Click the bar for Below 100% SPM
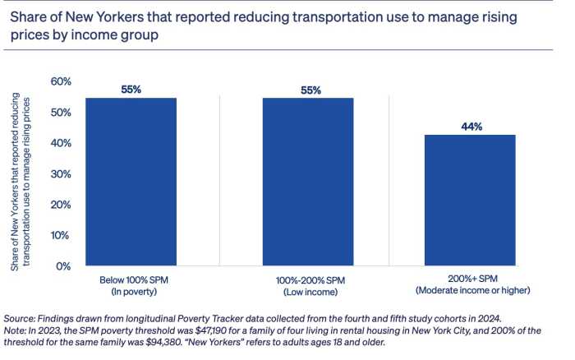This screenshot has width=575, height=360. tap(131, 182)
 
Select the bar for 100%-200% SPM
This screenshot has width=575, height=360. tap(307, 182)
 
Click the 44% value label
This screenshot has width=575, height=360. tap(471, 127)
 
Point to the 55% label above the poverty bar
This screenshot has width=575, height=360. tap(131, 90)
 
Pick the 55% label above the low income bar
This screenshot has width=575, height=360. tap(307, 90)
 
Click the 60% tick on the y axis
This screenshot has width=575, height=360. tap(62, 81)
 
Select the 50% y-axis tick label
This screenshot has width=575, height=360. tap(62, 113)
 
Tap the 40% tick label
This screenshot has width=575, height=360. tap(62, 143)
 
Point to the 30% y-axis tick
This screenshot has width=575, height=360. tap(62, 174)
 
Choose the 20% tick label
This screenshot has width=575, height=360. tap(62, 205)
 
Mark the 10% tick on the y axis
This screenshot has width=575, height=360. tap(62, 235)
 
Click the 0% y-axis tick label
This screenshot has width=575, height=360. tap(66, 266)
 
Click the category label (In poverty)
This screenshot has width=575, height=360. tap(131, 292)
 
